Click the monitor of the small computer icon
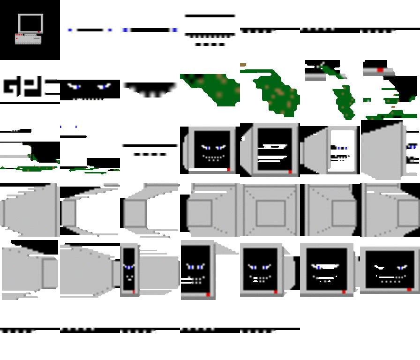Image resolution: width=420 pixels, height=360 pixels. pyautogui.click(x=30, y=22)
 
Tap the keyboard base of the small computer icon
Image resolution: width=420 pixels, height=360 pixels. pyautogui.click(x=28, y=39)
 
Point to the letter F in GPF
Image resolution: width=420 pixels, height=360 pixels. pyautogui.click(x=47, y=86)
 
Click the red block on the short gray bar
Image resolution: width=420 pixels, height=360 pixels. pyautogui.click(x=380, y=70)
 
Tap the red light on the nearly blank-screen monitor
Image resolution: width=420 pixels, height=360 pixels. pyautogui.click(x=290, y=172)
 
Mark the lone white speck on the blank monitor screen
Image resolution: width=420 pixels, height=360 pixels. pyautogui.click(x=285, y=146)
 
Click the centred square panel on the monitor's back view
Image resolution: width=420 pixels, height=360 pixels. pyautogui.click(x=270, y=213)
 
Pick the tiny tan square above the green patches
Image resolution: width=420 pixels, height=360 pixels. pyautogui.click(x=243, y=65)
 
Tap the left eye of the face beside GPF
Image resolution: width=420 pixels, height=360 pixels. pyautogui.click(x=74, y=86)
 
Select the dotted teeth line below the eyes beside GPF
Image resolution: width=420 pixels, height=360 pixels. pyautogui.click(x=87, y=99)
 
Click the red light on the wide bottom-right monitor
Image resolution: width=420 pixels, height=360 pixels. pyautogui.click(x=409, y=290)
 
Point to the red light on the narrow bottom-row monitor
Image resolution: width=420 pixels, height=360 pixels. pyautogui.click(x=134, y=292)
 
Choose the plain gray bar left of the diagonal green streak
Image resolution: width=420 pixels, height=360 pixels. pyautogui.click(x=315, y=76)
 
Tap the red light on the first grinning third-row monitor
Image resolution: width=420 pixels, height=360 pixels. pyautogui.click(x=228, y=169)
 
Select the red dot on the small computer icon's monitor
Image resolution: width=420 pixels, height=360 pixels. pyautogui.click(x=39, y=32)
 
